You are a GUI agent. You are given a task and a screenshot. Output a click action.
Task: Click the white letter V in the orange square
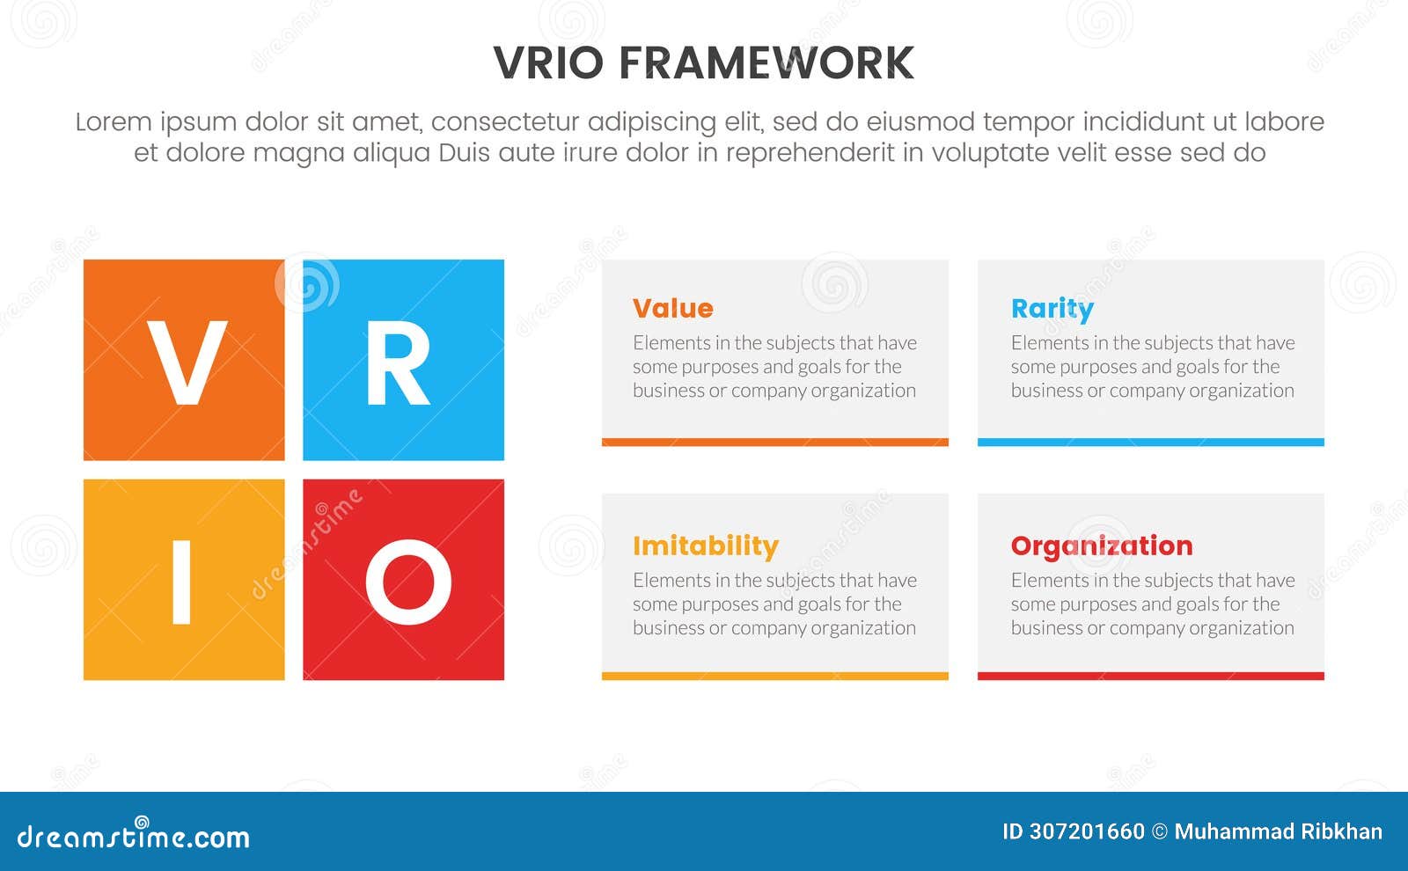(187, 362)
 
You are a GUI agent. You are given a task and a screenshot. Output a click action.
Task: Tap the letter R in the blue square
(398, 362)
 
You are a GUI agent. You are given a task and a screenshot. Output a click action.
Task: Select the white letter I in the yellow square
(181, 582)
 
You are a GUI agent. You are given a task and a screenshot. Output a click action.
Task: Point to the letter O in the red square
(408, 582)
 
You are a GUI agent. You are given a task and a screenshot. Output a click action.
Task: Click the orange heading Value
(672, 309)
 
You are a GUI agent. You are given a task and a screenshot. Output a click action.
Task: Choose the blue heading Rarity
(1052, 309)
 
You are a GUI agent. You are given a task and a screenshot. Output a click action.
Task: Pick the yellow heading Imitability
(705, 546)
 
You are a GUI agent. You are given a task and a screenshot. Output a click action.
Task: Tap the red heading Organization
(1101, 546)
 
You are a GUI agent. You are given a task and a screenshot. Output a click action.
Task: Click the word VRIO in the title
(548, 63)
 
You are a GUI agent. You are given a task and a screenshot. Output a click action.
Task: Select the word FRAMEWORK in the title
(766, 63)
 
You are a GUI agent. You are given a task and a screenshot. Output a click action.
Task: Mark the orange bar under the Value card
(774, 443)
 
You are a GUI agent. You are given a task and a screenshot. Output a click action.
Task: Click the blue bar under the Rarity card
(1150, 443)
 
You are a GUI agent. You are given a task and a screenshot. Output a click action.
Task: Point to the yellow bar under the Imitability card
(774, 677)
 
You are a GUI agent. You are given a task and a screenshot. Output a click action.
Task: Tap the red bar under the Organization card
(1150, 677)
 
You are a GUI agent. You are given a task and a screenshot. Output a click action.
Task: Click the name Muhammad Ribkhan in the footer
(1278, 832)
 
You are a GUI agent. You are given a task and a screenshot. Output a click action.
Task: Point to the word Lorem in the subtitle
(114, 121)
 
